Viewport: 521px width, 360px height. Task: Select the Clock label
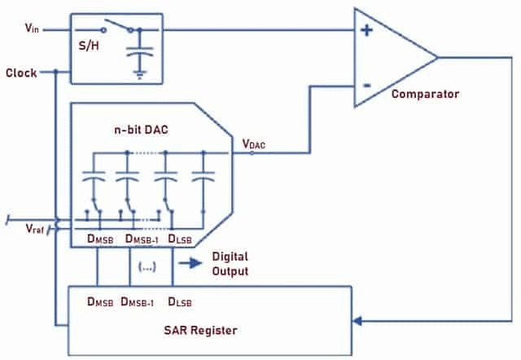21,72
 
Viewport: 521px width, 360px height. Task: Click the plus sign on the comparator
367,30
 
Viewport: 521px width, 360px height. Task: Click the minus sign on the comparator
367,84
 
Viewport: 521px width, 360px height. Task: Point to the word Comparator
425,94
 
